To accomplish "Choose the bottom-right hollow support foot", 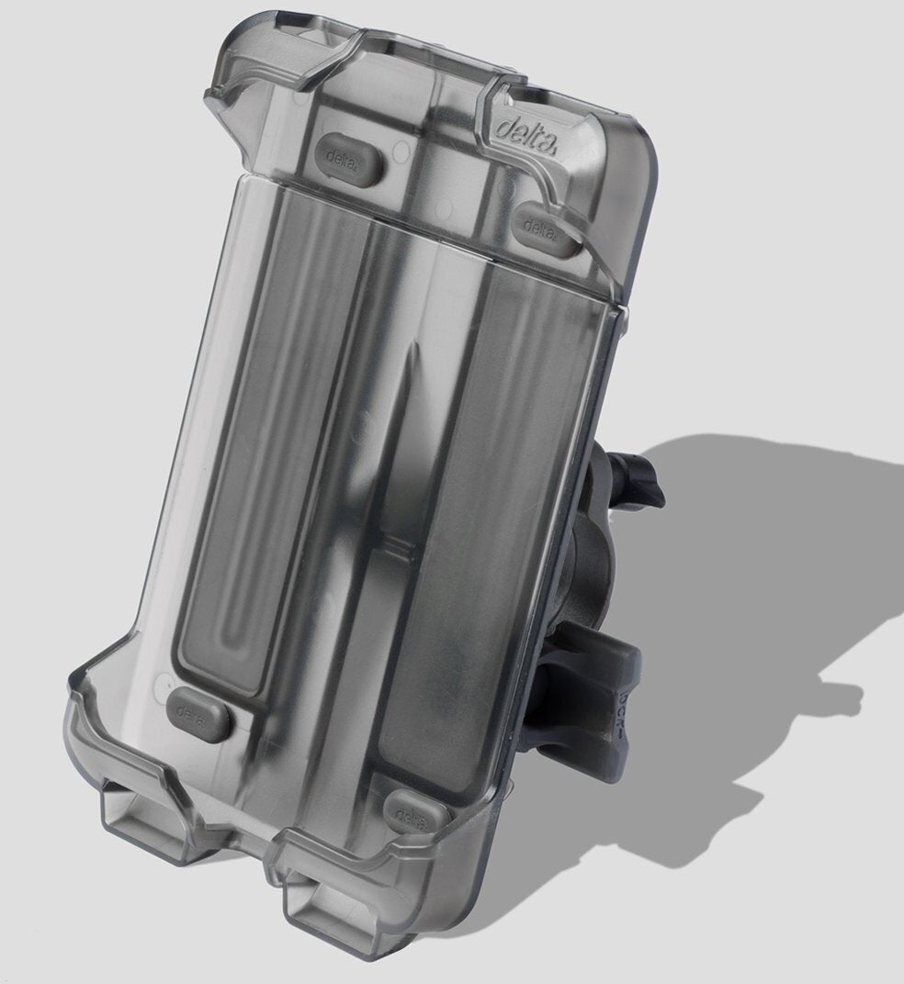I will (x=331, y=904).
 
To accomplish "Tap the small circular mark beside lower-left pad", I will (x=164, y=683).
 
